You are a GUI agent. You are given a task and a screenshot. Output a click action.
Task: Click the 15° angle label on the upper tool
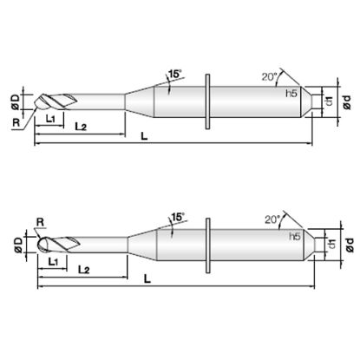pyautogui.click(x=175, y=74)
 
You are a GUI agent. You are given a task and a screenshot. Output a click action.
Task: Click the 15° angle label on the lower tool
pyautogui.click(x=178, y=217)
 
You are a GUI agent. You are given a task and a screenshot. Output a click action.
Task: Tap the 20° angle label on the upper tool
pyautogui.click(x=270, y=76)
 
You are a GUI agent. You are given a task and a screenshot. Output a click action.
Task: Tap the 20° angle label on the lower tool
pyautogui.click(x=273, y=219)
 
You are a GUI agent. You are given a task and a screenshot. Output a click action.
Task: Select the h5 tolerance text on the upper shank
pyautogui.click(x=291, y=94)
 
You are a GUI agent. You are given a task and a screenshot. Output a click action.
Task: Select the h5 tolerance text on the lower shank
pyautogui.click(x=295, y=237)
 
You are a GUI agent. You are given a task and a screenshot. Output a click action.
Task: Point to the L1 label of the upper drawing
pyautogui.click(x=51, y=119)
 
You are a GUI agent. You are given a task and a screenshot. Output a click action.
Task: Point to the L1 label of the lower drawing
pyautogui.click(x=53, y=262)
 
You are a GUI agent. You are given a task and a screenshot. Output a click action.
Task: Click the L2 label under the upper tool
pyautogui.click(x=81, y=127)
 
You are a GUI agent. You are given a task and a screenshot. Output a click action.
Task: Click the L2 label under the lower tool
pyautogui.click(x=84, y=270)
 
